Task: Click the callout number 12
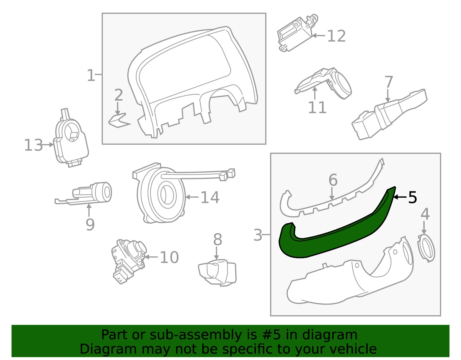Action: pyautogui.click(x=337, y=36)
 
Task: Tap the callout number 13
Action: pyautogui.click(x=33, y=145)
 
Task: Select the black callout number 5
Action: pyautogui.click(x=412, y=197)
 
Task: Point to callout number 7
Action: pyautogui.click(x=389, y=82)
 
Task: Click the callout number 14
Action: pyautogui.click(x=210, y=197)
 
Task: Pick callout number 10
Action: pyautogui.click(x=169, y=257)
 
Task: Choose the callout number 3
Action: pyautogui.click(x=258, y=235)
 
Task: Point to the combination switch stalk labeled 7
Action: pyautogui.click(x=389, y=114)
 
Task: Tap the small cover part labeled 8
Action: pyautogui.click(x=217, y=273)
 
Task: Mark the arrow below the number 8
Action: pyautogui.click(x=216, y=253)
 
